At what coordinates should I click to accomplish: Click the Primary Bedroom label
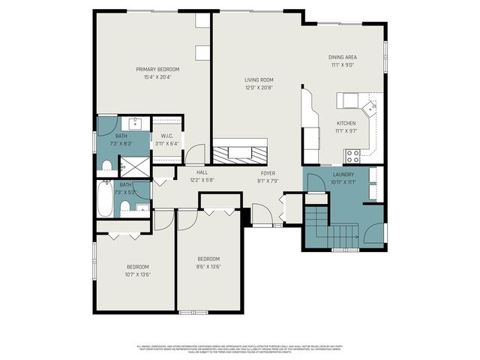tap(157, 70)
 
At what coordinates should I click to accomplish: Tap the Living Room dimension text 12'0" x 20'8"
tap(258, 87)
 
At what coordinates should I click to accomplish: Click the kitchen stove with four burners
tap(352, 156)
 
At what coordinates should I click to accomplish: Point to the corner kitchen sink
tap(370, 109)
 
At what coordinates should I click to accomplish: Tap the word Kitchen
tap(346, 123)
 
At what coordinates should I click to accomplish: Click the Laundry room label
tap(343, 174)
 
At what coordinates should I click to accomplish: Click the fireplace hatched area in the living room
tap(240, 154)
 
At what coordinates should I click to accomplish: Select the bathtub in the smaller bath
tap(104, 200)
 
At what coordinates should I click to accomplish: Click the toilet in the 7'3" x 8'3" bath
tap(107, 164)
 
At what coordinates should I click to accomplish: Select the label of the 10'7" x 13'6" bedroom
tap(136, 266)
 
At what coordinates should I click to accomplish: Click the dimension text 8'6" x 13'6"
tap(208, 266)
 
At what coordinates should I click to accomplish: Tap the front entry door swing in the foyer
tap(262, 216)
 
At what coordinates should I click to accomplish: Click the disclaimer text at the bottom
tap(240, 348)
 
